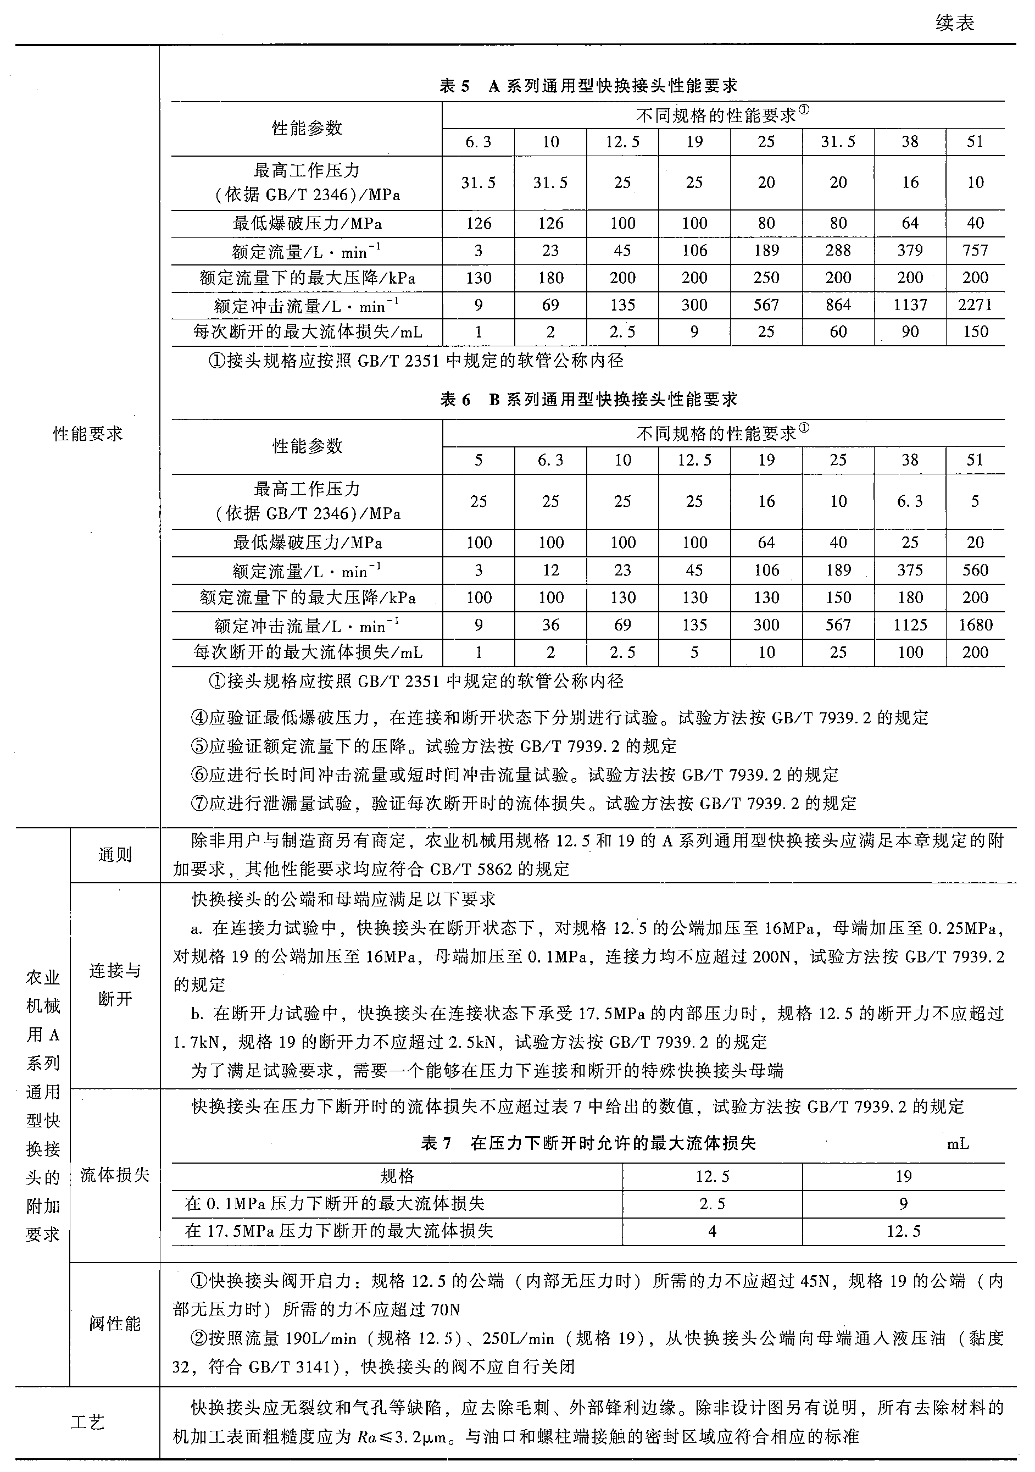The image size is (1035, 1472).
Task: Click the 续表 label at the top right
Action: pyautogui.click(x=954, y=24)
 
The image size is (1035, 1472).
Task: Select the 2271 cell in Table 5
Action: pyautogui.click(x=975, y=305)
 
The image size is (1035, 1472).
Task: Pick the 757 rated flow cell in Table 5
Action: pyautogui.click(x=975, y=251)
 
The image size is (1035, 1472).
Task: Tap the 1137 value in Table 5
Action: pyautogui.click(x=910, y=305)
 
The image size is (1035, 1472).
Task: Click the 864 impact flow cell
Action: pyautogui.click(x=838, y=305)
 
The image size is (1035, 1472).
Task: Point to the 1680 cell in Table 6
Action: pyautogui.click(x=975, y=625)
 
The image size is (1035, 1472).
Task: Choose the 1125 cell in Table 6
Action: pyautogui.click(x=910, y=625)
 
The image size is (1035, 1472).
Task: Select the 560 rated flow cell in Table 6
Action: pyautogui.click(x=975, y=571)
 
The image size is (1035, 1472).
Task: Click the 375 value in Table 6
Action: pyautogui.click(x=910, y=571)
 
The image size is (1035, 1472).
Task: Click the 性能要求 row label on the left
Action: pyautogui.click(x=88, y=434)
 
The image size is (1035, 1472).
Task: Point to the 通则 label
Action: pyautogui.click(x=115, y=855)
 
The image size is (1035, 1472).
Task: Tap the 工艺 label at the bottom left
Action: pyautogui.click(x=88, y=1423)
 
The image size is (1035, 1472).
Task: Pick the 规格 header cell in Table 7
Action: pyautogui.click(x=397, y=1176)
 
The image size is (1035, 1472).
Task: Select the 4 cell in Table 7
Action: pyautogui.click(x=712, y=1231)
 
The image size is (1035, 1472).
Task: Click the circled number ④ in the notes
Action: pyautogui.click(x=201, y=718)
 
